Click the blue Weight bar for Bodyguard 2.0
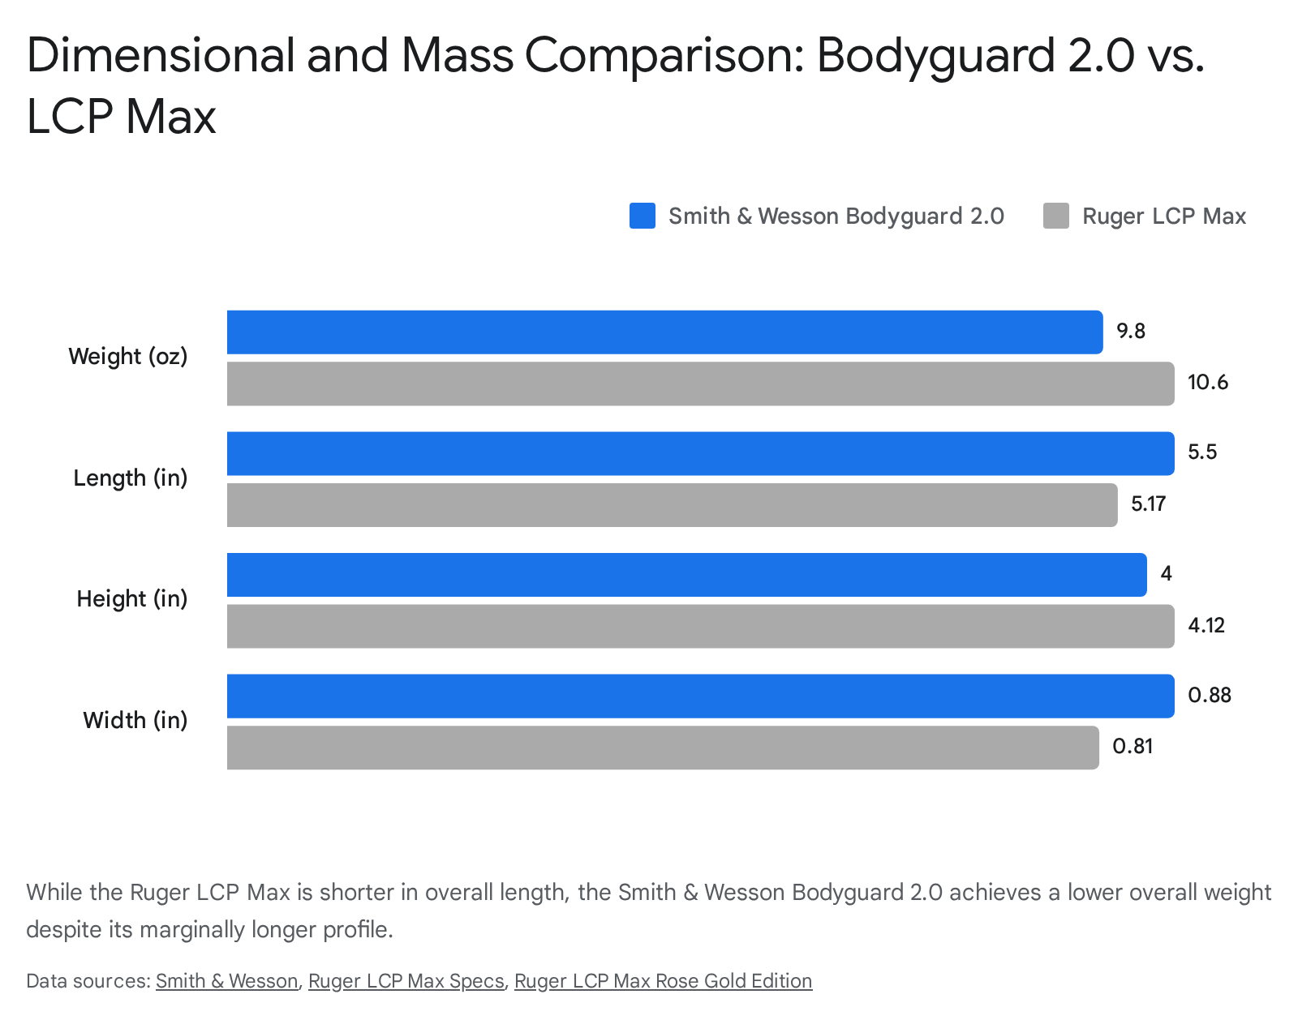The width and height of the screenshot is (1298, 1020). pyautogui.click(x=664, y=332)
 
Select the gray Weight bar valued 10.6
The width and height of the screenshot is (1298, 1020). pyautogui.click(x=699, y=384)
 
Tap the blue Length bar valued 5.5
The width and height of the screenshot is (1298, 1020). pyautogui.click(x=699, y=453)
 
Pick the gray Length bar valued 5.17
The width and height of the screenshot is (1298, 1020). pyautogui.click(x=672, y=505)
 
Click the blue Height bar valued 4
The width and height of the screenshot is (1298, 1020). pyautogui.click(x=686, y=575)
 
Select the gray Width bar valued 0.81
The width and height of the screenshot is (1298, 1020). pyautogui.click(x=662, y=748)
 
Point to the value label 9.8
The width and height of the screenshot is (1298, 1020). pyautogui.click(x=1130, y=332)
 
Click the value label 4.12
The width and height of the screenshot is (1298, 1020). pyautogui.click(x=1206, y=626)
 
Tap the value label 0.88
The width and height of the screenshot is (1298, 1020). pyautogui.click(x=1209, y=696)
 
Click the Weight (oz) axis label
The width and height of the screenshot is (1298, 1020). pyautogui.click(x=128, y=357)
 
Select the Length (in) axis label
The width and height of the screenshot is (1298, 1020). pyautogui.click(x=130, y=478)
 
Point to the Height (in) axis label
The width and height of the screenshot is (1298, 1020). pyautogui.click(x=131, y=599)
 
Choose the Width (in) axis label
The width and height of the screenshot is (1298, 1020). pyautogui.click(x=135, y=720)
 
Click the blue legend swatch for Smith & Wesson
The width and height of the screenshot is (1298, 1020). pyautogui.click(x=642, y=216)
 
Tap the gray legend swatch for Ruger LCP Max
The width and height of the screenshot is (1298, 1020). pyautogui.click(x=1055, y=216)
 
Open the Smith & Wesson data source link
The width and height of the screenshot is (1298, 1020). pyautogui.click(x=226, y=981)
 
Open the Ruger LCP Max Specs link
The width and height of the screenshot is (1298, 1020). pyautogui.click(x=406, y=981)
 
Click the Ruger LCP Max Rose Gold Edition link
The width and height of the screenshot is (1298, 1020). pyautogui.click(x=663, y=981)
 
